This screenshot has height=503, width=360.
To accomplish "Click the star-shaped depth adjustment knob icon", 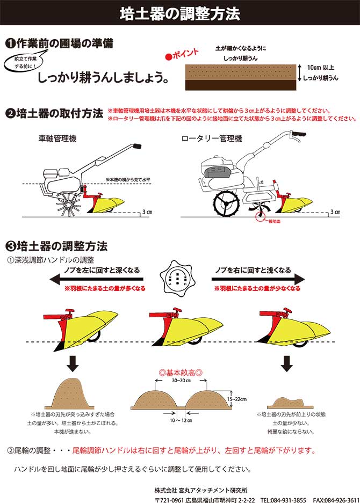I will (179, 278).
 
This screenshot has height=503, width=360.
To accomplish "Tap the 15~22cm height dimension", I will (236, 399).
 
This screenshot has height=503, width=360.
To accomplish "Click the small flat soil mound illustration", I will (288, 402).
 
